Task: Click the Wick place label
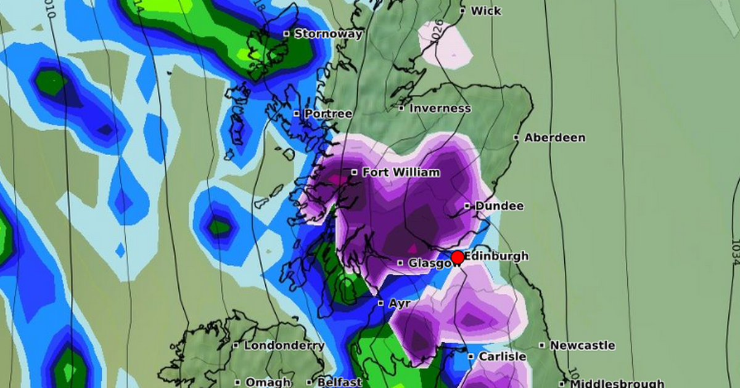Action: point(486,11)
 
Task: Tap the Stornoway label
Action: point(328,34)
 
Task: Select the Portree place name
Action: point(327,114)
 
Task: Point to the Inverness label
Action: point(440,108)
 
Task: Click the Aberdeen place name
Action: point(554,138)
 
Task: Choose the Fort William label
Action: point(401,172)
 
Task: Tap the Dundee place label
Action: point(499,206)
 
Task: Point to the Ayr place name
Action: point(399,304)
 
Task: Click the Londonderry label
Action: point(284,346)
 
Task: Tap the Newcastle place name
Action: point(582,346)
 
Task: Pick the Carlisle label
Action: point(501,357)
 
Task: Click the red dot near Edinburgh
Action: point(457,257)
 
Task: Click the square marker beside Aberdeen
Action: point(516,138)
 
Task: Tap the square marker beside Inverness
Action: point(401,108)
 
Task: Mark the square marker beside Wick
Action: point(462,11)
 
